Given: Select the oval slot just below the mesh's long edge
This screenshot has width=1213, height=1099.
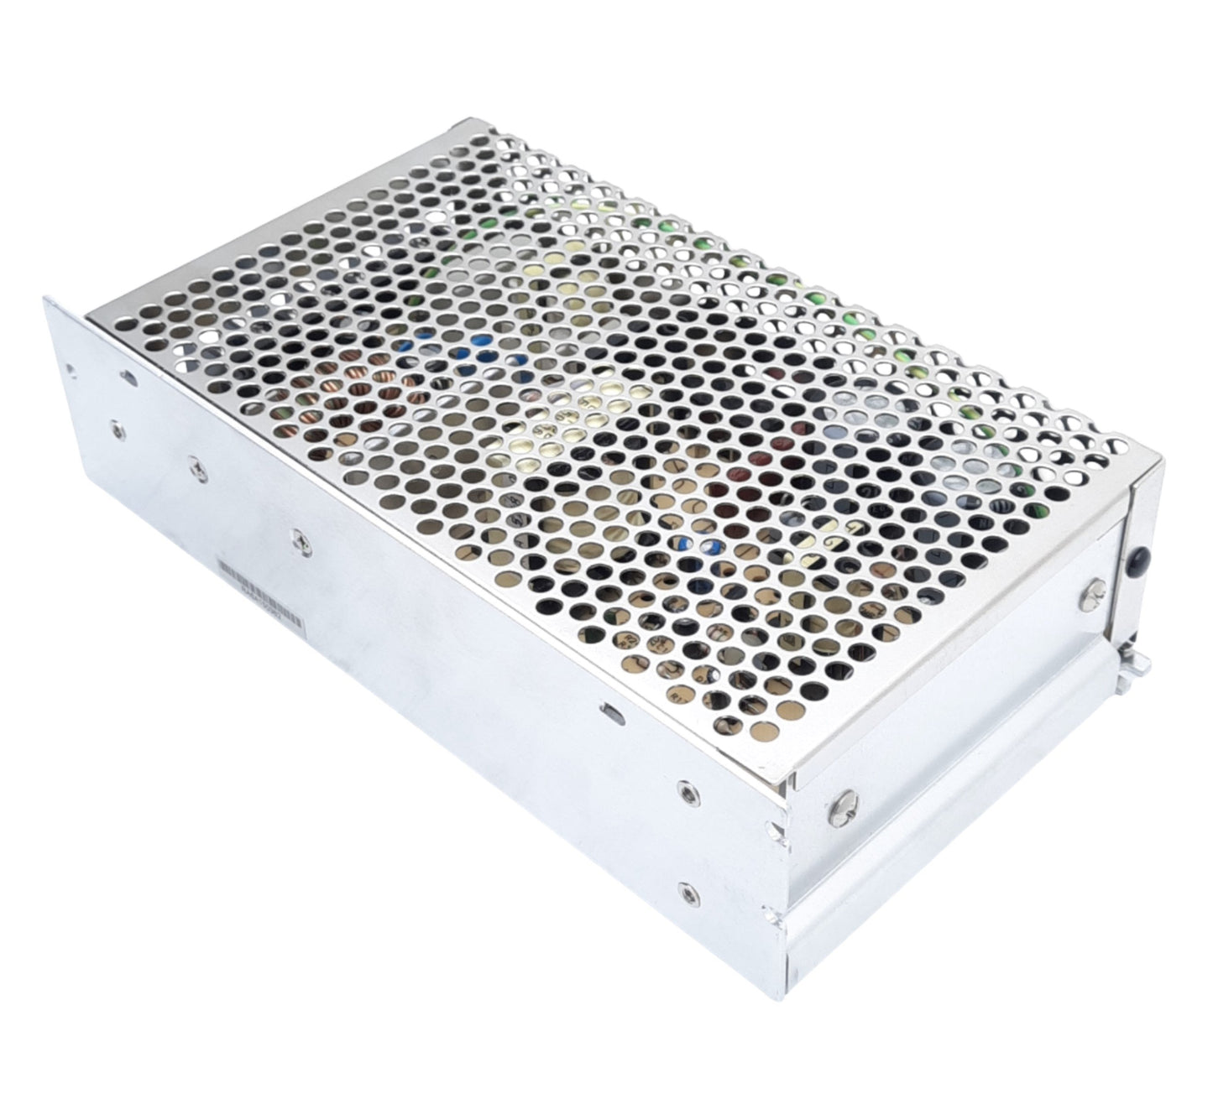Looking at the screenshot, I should (610, 712).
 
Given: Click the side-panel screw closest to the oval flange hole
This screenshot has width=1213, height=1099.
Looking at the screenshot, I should (116, 430).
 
